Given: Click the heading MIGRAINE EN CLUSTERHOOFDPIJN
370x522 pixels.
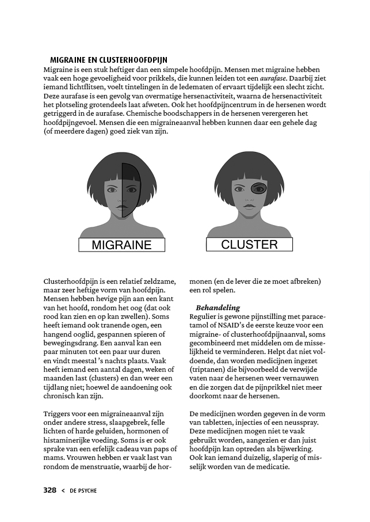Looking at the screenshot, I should tap(109, 59).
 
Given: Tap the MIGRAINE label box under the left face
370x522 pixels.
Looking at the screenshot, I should tap(121, 245).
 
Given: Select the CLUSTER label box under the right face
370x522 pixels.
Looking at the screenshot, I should tap(249, 244).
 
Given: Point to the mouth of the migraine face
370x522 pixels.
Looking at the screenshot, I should tap(121, 206).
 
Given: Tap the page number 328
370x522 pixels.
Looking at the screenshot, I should tap(50, 490).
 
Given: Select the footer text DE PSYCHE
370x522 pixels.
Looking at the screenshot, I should tap(83, 491).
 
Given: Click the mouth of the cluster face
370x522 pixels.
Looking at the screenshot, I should tap(249, 205).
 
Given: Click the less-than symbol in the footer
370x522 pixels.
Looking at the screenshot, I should tap(63, 491).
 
